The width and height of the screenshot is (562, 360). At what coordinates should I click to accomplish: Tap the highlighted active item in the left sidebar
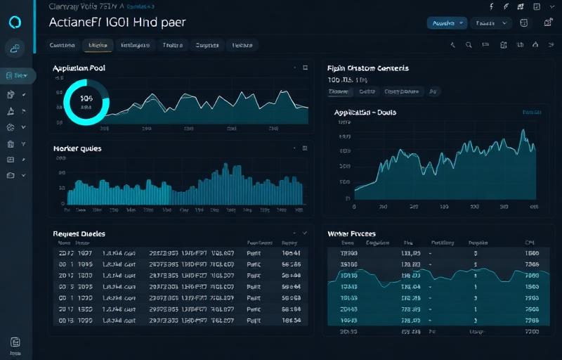[16, 75]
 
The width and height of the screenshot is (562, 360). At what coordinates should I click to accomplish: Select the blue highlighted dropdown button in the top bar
[447, 22]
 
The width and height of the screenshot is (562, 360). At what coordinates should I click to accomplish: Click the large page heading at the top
[117, 21]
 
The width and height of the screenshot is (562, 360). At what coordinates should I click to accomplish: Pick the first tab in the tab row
[62, 46]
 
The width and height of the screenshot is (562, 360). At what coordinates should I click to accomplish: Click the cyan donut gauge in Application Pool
[86, 102]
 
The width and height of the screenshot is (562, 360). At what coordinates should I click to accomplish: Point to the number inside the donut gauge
[87, 100]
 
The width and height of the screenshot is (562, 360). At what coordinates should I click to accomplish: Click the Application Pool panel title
[84, 69]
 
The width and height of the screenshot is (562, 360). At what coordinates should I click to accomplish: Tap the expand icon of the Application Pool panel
[305, 69]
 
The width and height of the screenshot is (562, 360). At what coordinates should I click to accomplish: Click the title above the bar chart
[77, 148]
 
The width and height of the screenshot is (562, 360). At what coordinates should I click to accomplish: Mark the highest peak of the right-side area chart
[523, 131]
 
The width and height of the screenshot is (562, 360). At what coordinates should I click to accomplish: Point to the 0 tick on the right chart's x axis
[354, 208]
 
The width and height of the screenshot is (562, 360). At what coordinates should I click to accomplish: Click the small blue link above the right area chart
[532, 112]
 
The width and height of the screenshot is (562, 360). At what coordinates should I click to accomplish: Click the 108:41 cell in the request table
[291, 253]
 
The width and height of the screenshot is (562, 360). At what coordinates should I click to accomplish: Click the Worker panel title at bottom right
[351, 233]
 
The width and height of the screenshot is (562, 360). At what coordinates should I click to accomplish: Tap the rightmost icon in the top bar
[547, 22]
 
